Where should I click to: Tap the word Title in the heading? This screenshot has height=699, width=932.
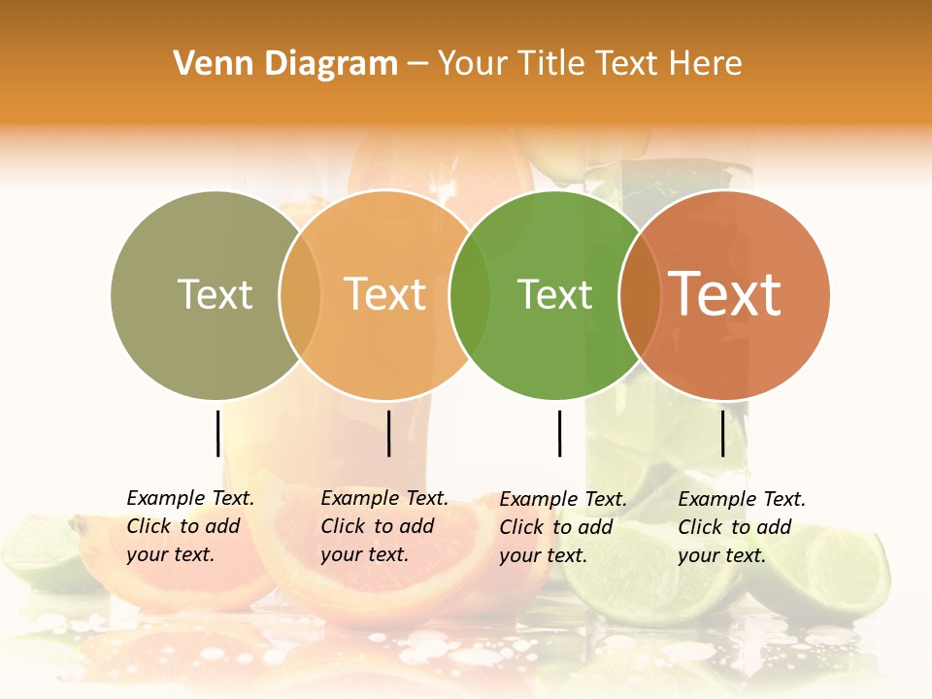[x=552, y=64]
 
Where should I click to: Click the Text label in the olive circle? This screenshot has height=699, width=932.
[x=215, y=294]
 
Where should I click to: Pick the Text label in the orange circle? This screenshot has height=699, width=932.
[x=385, y=294]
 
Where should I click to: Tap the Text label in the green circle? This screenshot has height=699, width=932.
[x=554, y=294]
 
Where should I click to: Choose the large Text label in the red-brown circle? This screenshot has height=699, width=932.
[x=725, y=293]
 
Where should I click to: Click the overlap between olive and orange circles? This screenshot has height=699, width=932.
[x=300, y=295]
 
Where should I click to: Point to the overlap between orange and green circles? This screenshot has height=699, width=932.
[x=470, y=295]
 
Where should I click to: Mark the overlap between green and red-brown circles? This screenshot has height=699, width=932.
[x=640, y=295]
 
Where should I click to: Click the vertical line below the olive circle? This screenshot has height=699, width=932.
[x=218, y=433]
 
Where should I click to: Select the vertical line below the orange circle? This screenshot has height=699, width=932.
[x=388, y=433]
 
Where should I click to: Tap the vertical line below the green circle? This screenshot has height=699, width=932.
[x=559, y=433]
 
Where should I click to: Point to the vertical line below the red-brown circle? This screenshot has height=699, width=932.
[x=722, y=433]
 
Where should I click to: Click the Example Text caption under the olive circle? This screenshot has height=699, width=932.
[x=189, y=526]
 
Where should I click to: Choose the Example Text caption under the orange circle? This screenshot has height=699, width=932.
[x=383, y=526]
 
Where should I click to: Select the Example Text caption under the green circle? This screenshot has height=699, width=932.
[x=562, y=527]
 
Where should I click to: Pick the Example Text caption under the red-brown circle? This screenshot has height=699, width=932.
[x=741, y=527]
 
